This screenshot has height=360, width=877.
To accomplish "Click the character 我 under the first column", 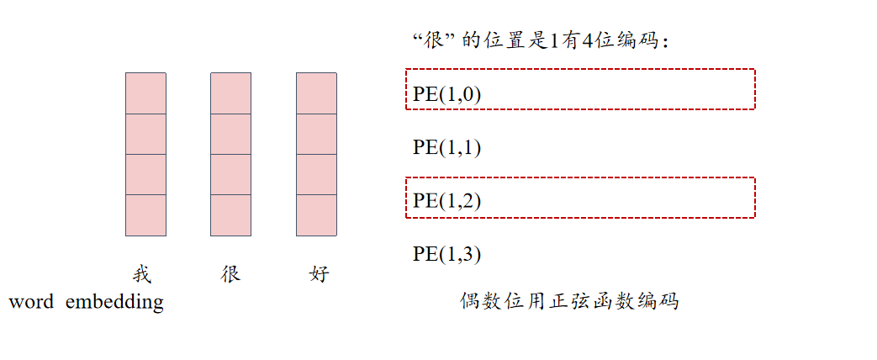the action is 142,274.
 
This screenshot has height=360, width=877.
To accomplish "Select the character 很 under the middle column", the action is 230,274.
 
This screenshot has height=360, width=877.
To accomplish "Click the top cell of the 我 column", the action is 145,93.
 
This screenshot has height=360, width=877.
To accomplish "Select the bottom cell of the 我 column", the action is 145,214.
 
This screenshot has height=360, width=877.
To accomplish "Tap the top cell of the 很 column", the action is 230,93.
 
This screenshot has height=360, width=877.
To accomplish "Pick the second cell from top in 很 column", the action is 230,134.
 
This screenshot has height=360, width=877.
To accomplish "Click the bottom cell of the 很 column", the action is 230,214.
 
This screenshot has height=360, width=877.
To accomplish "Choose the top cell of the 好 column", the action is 316,93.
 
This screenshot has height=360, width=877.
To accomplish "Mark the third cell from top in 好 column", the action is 316,174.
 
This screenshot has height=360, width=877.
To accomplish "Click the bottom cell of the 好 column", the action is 316,214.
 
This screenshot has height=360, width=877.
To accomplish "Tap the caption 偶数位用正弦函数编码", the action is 568,301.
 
